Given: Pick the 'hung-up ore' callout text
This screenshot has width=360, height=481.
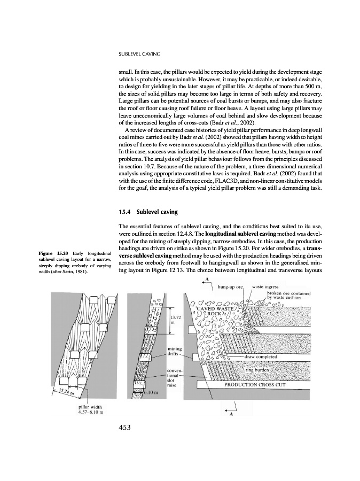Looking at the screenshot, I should pyautogui.click(x=231, y=287).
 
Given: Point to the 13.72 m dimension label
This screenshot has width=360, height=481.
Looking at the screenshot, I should pyautogui.click(x=176, y=320).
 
